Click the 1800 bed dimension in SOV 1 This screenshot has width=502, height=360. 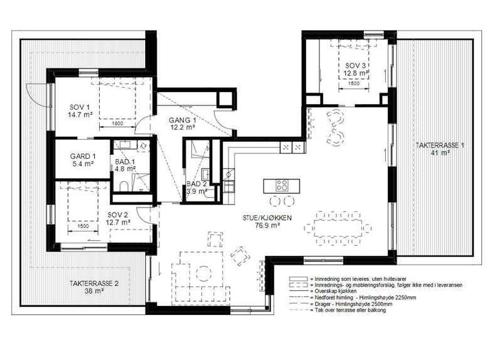click(x=118, y=124)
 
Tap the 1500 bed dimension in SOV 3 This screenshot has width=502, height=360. click(x=353, y=83)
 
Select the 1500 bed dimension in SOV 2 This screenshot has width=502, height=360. click(x=83, y=226)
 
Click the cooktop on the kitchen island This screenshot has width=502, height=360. click(x=282, y=186)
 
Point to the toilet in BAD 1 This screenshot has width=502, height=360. click(x=123, y=186)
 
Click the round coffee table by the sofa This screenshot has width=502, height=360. click(x=203, y=274)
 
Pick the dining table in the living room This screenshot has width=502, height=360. click(x=338, y=228)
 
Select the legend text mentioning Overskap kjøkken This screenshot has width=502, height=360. click(x=333, y=291)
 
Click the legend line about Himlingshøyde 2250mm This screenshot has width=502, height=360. click(x=363, y=298)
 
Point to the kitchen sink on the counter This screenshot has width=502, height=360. click(x=228, y=174)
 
